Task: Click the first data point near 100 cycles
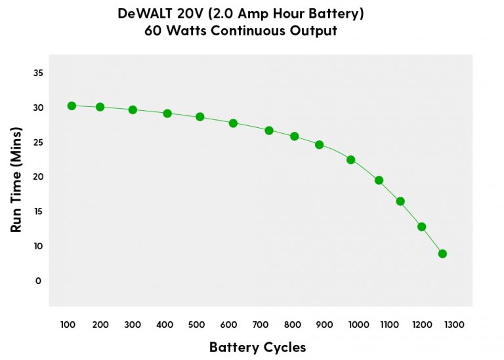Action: pos(72,106)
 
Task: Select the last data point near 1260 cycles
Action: pos(442,254)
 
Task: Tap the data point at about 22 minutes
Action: pos(350,159)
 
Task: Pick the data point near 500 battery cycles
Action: pos(200,117)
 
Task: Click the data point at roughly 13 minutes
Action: pos(421,227)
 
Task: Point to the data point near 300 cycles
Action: pos(133,110)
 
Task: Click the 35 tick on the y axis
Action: pos(38,73)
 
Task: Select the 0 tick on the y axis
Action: pos(38,281)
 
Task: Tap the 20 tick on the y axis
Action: pos(38,177)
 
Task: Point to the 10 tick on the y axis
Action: pos(38,246)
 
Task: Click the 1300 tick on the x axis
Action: pos(454,325)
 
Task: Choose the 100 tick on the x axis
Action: pos(67,325)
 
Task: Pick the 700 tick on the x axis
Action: pos(261,325)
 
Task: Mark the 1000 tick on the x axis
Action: pos(358,325)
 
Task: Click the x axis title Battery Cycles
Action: pos(257,347)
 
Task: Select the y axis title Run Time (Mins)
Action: pos(18,178)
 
